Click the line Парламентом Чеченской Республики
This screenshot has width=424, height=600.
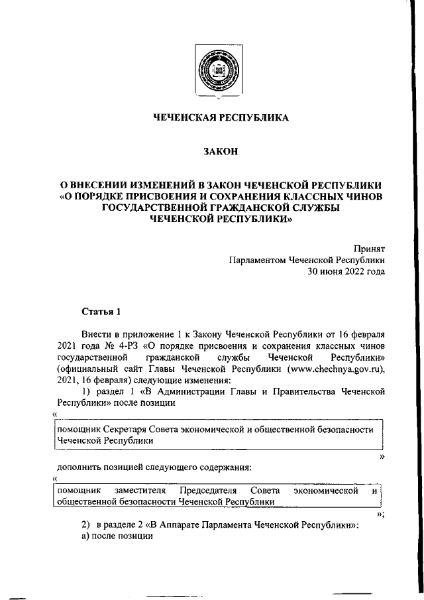tap(307, 260)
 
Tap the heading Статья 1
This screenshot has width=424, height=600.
tap(101, 311)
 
